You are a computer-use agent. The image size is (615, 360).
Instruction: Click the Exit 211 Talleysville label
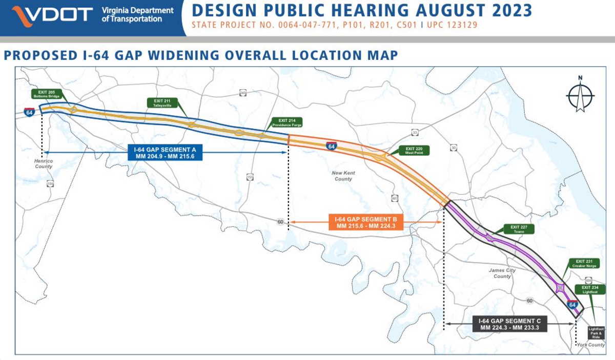161,102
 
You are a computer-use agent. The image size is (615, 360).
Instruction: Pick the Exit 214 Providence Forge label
286,122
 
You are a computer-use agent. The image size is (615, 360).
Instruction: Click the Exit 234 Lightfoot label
589,289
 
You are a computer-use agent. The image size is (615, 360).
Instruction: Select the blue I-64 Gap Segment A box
165,153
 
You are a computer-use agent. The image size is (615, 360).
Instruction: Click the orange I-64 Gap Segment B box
366,222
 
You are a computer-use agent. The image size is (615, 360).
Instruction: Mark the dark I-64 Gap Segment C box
509,324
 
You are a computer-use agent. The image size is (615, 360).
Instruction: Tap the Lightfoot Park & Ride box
597,331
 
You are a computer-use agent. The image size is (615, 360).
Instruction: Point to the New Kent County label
343,176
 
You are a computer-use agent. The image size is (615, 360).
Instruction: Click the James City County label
502,273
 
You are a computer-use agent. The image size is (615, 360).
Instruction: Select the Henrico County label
44,163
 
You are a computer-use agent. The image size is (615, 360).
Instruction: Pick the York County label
591,345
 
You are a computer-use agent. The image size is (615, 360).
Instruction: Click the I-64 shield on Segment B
332,146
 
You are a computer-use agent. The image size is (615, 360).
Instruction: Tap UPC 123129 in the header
452,24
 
